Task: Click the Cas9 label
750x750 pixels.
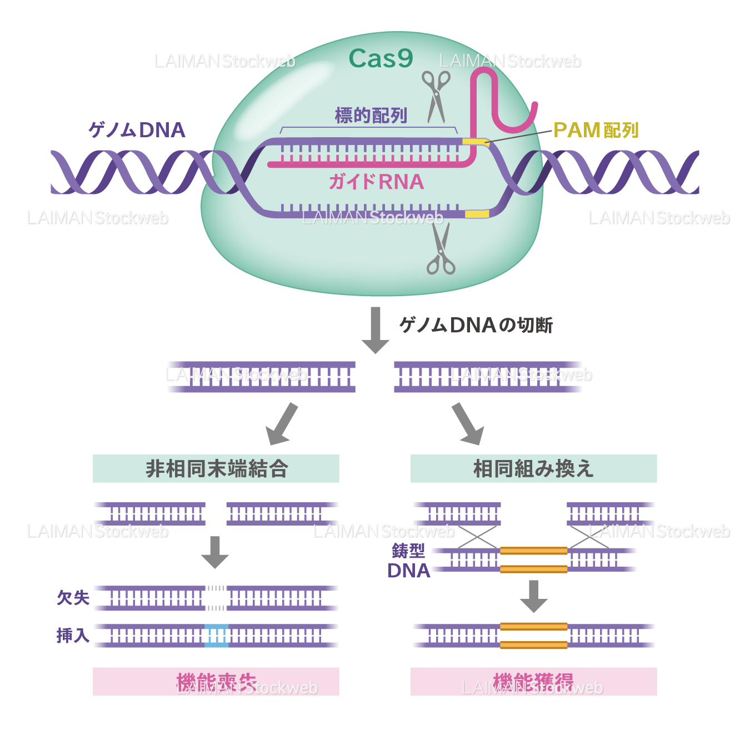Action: point(381,59)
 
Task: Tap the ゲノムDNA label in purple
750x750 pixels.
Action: point(137,130)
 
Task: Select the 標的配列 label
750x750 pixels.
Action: point(371,116)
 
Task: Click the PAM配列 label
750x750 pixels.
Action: point(596,131)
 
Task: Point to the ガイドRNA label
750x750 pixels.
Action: point(376,182)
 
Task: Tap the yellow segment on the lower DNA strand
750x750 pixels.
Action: point(477,214)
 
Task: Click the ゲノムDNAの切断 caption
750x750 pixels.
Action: point(476,325)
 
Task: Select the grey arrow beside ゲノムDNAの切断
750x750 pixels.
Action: point(376,329)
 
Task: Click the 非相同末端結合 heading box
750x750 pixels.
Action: point(216,468)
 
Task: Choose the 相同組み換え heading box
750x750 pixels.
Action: point(533,468)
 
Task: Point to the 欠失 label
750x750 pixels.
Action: point(73,598)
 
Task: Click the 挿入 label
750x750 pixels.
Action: point(73,635)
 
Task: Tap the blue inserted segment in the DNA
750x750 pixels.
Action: point(217,636)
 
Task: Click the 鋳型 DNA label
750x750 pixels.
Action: point(408,561)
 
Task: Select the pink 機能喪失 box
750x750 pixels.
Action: point(216,682)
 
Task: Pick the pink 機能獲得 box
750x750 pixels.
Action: point(533,682)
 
